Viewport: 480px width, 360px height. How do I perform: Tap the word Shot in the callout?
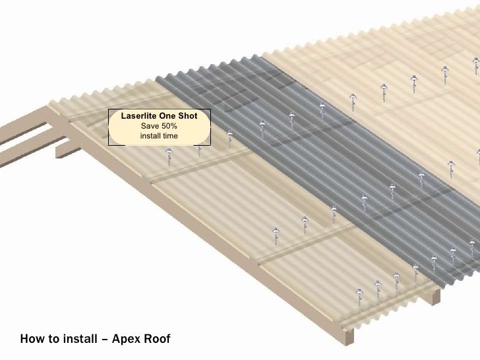click(196, 116)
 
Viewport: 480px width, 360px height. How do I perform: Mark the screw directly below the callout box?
click(169, 156)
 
